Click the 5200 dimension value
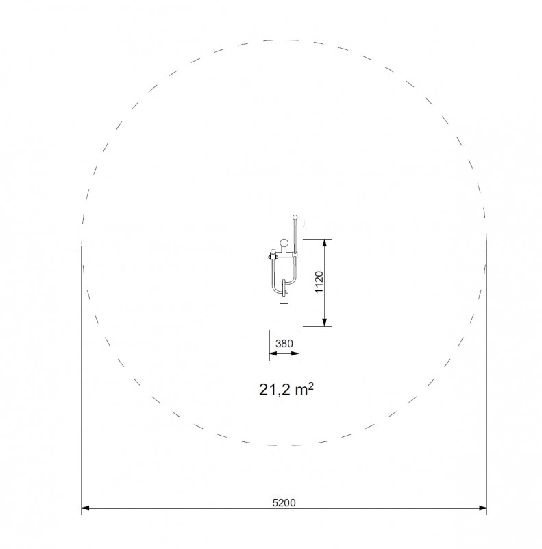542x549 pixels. [x=284, y=503]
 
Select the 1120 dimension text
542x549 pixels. [x=319, y=282]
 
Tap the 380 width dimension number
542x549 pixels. [x=284, y=344]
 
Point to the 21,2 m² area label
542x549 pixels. [x=286, y=389]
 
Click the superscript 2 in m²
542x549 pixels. [x=311, y=386]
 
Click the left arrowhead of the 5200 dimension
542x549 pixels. [x=86, y=508]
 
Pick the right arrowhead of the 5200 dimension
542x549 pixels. [x=482, y=508]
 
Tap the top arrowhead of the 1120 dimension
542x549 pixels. [x=325, y=243]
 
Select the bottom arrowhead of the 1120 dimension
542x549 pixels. [x=325, y=322]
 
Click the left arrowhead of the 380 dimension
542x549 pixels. [x=273, y=353]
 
